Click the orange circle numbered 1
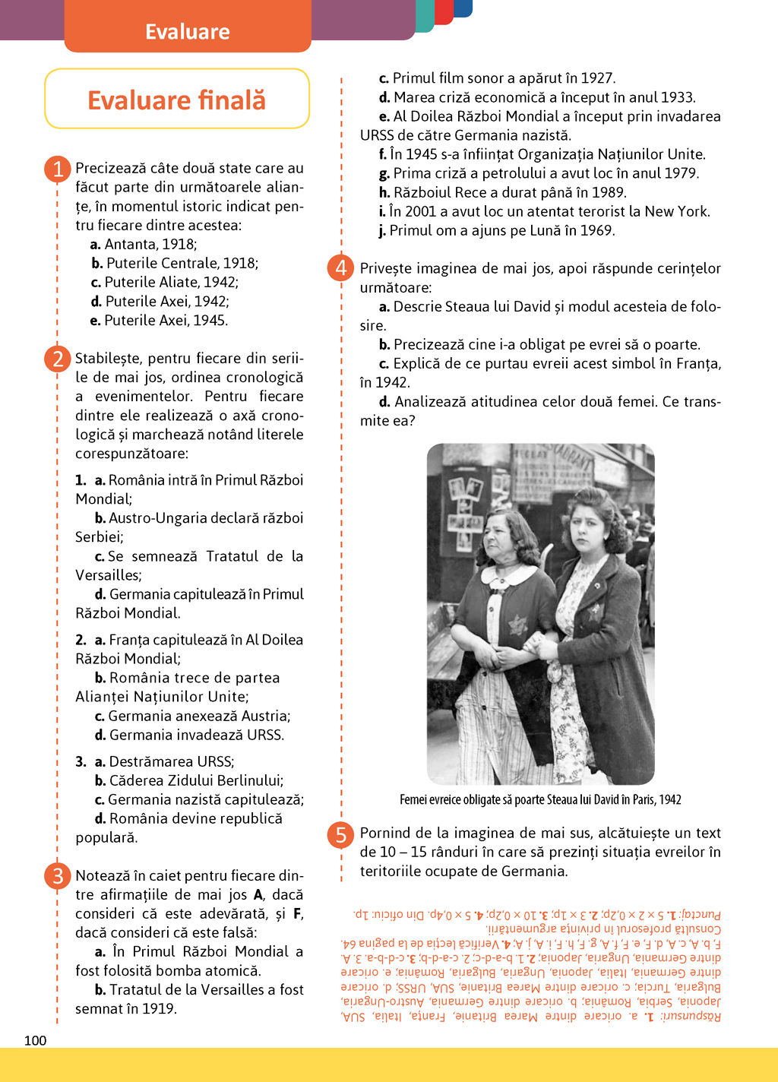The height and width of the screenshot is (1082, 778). pyautogui.click(x=58, y=169)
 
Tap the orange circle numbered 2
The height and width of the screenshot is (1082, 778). pyautogui.click(x=58, y=359)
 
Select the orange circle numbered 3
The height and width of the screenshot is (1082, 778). pyautogui.click(x=58, y=876)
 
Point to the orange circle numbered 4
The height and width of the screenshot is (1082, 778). pyautogui.click(x=341, y=268)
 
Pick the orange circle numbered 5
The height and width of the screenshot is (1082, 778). pyautogui.click(x=341, y=834)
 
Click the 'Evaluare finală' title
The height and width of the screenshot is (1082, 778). pyautogui.click(x=177, y=100)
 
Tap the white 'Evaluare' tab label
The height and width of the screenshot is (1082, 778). pyautogui.click(x=188, y=32)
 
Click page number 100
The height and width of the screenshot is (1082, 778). pyautogui.click(x=35, y=1040)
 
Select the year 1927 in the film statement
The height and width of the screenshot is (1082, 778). pyautogui.click(x=596, y=78)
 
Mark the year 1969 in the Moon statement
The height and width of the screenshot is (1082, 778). pyautogui.click(x=597, y=230)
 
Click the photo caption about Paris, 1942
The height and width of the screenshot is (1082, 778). pyautogui.click(x=540, y=799)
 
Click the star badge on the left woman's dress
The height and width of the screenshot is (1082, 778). pyautogui.click(x=517, y=625)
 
